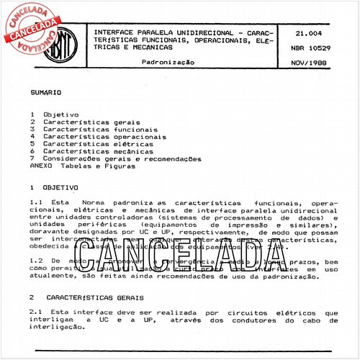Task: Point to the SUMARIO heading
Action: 46,94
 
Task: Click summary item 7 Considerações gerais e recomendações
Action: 115,158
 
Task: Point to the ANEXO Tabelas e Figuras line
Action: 82,166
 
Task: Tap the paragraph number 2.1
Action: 36,312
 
